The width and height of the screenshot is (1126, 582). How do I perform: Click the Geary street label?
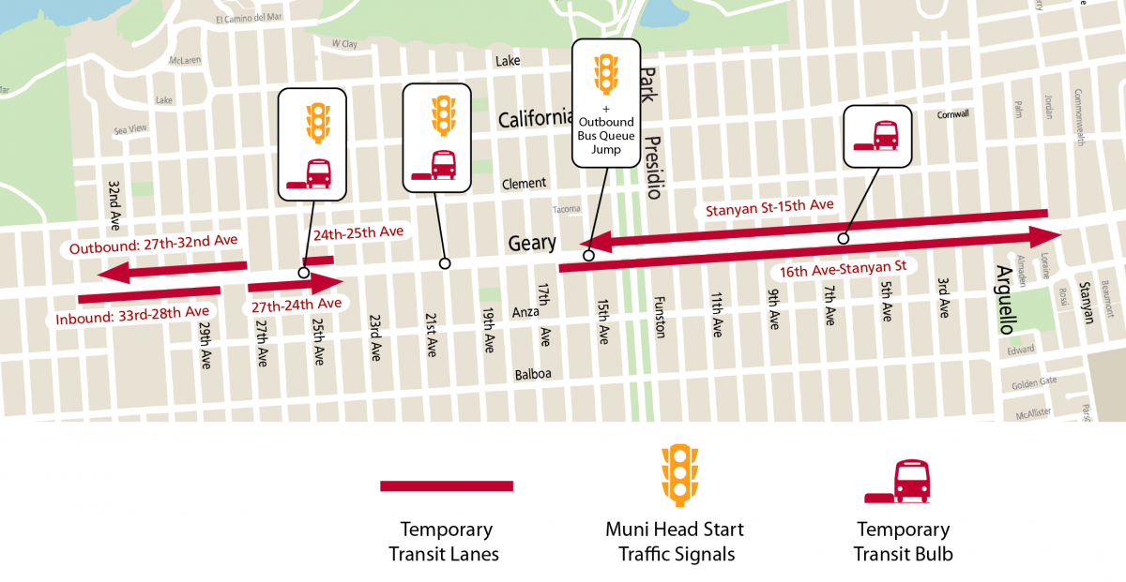532,244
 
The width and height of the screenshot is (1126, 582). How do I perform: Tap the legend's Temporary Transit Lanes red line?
447,485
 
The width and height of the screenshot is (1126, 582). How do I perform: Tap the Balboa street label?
532,374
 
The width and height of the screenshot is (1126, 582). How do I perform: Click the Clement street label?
524,184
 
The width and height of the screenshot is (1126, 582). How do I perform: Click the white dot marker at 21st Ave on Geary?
445,264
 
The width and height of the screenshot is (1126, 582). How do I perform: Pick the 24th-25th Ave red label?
358,231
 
